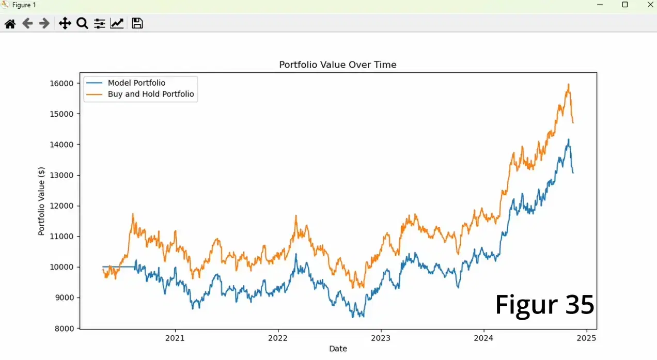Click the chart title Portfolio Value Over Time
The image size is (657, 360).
point(338,65)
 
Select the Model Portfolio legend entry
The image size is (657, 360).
point(136,83)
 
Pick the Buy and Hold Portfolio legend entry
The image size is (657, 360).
point(151,94)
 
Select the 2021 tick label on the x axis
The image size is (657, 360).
point(175,338)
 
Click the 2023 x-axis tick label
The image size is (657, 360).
point(381,338)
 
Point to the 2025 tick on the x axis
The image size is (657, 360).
point(586,338)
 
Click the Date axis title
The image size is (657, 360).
point(338,349)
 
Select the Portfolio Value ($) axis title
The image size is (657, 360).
point(41,201)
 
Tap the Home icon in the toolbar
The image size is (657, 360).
point(10,23)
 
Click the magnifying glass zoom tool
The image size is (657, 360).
point(82,23)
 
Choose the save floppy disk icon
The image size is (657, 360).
point(137,23)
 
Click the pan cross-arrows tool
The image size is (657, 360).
point(65,23)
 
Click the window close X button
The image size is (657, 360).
point(650,5)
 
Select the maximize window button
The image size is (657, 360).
point(625,5)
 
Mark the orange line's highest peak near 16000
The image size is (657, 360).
point(569,84)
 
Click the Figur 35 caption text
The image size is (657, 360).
point(544,305)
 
